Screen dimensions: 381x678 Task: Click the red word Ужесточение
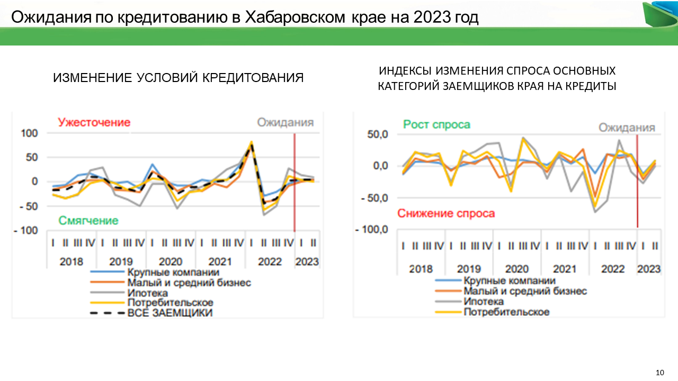coord(94,122)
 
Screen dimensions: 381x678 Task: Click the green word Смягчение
coord(88,221)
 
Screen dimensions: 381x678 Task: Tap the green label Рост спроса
coord(436,125)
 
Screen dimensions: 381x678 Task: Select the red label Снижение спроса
coord(446,214)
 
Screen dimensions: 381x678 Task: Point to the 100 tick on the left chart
coord(30,133)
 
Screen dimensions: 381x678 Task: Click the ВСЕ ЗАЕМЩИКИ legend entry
coord(169,313)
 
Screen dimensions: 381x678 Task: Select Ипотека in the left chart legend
coord(147,293)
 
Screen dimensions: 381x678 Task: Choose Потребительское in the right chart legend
coord(506,312)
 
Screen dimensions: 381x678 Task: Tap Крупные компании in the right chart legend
coord(509,281)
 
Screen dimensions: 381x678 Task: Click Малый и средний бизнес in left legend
coord(189,283)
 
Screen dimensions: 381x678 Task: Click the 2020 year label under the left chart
coord(171,261)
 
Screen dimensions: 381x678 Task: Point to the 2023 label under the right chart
coord(648,269)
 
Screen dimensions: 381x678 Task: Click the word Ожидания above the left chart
coord(285,122)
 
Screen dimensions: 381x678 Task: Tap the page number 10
coord(659,372)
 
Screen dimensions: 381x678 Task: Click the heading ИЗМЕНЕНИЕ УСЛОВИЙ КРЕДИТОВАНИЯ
coord(178,78)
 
